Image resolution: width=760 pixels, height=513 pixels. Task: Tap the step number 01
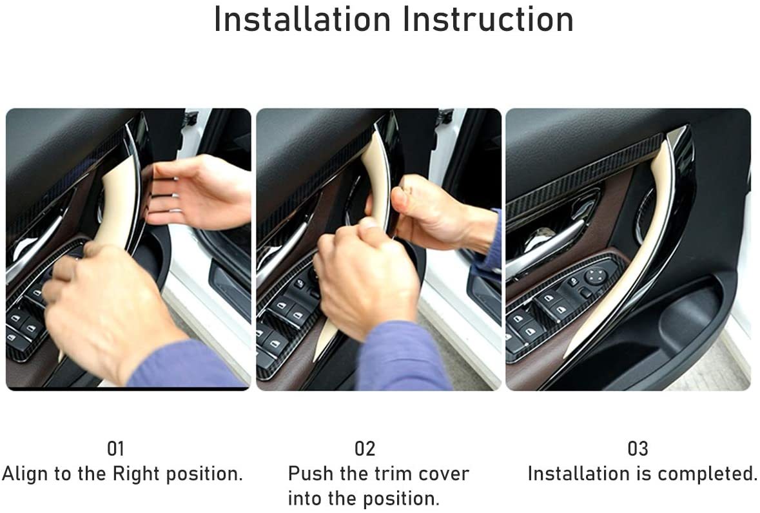[x=115, y=449]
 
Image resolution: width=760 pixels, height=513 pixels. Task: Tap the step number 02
[x=365, y=449]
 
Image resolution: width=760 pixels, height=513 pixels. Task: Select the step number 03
[x=638, y=449]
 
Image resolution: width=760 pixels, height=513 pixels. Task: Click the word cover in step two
[x=444, y=474]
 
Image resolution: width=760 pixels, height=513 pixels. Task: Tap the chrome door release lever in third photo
[x=548, y=245]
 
